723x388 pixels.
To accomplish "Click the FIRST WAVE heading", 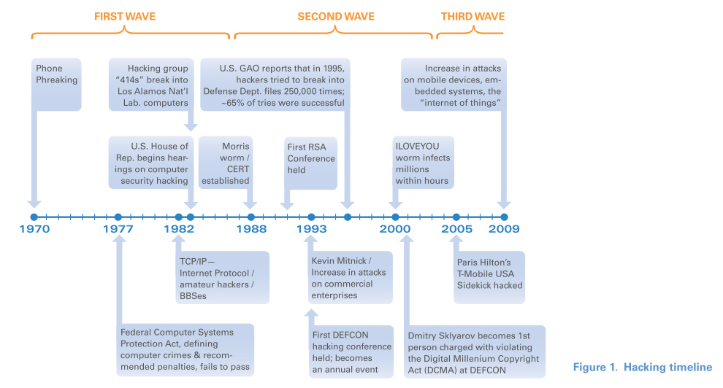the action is click(x=124, y=17).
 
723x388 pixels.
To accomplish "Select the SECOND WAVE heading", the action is click(x=336, y=17).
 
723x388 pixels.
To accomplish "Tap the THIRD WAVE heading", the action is click(x=473, y=17).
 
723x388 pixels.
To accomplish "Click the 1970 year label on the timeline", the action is click(x=34, y=229).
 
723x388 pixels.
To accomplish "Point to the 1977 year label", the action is click(x=118, y=229).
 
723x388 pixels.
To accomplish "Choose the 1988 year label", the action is click(x=251, y=229).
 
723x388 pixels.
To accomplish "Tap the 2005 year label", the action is click(x=457, y=229).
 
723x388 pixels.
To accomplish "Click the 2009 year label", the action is click(x=504, y=229).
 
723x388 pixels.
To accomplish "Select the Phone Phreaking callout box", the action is click(x=56, y=84).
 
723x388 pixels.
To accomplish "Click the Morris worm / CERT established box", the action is click(x=226, y=163).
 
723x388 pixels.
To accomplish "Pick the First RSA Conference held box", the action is click(x=310, y=163).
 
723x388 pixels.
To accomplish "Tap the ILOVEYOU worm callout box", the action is click(x=424, y=163).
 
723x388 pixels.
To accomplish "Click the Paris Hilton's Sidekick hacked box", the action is click(x=489, y=277).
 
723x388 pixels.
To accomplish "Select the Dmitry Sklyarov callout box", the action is click(x=475, y=352).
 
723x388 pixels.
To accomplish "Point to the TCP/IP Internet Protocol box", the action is click(x=222, y=277).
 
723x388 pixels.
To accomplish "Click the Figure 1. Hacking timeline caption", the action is click(x=643, y=368).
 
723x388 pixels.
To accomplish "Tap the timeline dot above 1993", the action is click(x=311, y=217).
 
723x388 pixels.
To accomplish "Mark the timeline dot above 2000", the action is click(x=395, y=217).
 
